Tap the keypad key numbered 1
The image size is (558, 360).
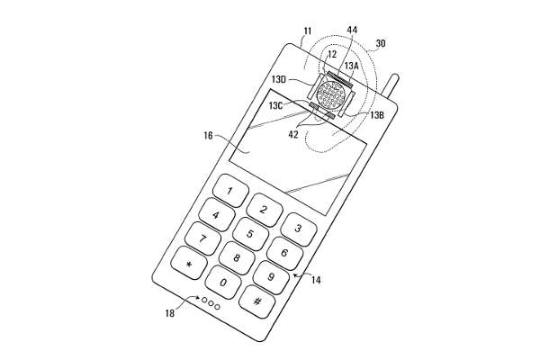point(230,191)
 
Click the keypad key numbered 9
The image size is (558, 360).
point(271,277)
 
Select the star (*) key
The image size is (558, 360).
point(189,264)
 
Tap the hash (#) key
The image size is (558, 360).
point(256,302)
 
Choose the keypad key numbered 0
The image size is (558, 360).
point(223,283)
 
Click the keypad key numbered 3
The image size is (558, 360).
point(299,229)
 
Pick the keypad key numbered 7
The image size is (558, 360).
point(202,238)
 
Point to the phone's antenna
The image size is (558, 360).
point(391,86)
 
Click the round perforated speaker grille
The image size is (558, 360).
point(332,94)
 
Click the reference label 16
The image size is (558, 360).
point(208,136)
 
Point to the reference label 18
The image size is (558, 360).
point(170,313)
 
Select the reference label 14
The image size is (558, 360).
point(316,280)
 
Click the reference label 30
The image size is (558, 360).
point(381,43)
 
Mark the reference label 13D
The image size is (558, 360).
point(279,79)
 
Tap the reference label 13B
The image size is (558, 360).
point(377,115)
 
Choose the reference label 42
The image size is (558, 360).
point(293,134)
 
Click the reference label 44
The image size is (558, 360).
point(352,30)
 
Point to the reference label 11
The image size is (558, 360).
point(308,31)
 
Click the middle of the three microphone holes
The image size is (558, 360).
point(211,303)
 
